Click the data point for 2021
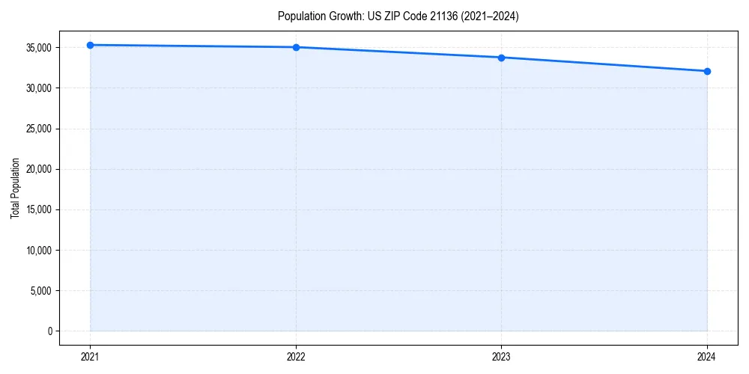point(90,45)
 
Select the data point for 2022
point(296,47)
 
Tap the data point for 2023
point(501,58)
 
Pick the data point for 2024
point(707,71)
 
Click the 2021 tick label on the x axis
point(90,357)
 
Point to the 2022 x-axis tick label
point(296,357)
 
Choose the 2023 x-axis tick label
point(501,357)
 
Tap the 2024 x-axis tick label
point(707,357)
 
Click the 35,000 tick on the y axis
point(38,48)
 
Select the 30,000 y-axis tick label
point(38,88)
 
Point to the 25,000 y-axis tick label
point(38,129)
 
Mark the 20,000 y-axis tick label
point(38,169)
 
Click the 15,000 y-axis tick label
point(38,209)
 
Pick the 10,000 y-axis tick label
point(38,250)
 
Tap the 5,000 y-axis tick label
point(40,290)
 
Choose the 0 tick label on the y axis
point(49,331)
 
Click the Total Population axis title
point(15,188)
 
